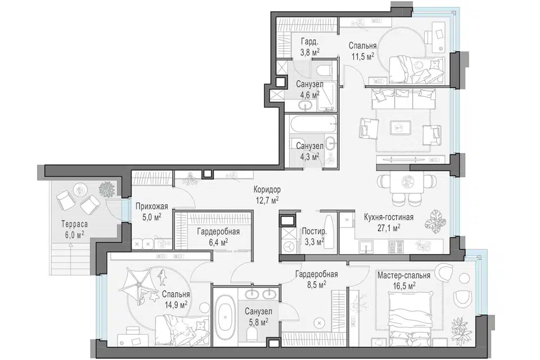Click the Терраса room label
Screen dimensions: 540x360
(x=75, y=224)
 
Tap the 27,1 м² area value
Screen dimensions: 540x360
(x=389, y=228)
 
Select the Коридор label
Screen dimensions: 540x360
(x=267, y=190)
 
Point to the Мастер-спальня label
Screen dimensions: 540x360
(x=404, y=276)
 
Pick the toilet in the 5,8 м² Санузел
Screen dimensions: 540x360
(x=252, y=333)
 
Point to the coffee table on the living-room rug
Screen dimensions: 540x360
(x=400, y=128)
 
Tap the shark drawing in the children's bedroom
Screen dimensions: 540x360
(x=161, y=277)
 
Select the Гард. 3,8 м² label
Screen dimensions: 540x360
(x=310, y=47)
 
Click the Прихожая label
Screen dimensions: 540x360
(x=151, y=206)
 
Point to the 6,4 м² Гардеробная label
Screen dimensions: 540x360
(x=218, y=237)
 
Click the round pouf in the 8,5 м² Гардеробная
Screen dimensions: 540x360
(x=319, y=323)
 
